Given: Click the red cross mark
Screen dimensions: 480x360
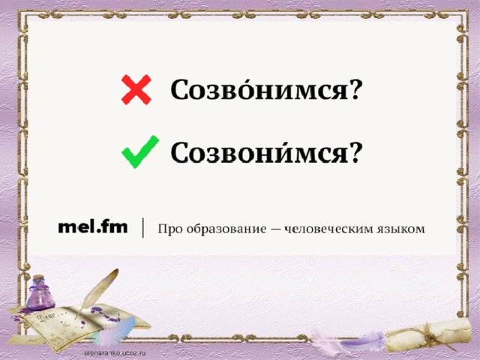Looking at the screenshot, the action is click(x=136, y=90).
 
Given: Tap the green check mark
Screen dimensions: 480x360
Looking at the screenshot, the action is click(x=140, y=151).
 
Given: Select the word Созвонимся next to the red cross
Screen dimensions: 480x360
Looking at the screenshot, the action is click(x=259, y=89).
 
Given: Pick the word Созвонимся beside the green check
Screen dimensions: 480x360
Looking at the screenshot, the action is click(x=259, y=151).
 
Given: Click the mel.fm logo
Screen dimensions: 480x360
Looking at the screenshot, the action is click(x=93, y=227).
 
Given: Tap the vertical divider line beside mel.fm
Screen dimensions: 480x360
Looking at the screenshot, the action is click(x=143, y=228).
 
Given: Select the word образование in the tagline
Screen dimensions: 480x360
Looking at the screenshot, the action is click(x=226, y=229).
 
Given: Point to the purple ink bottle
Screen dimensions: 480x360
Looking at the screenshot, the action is click(x=40, y=293).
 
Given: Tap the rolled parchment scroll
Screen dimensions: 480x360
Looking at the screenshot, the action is click(x=428, y=336).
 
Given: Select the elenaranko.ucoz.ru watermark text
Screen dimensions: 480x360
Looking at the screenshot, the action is click(x=115, y=353).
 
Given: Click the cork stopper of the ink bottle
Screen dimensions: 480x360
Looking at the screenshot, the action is click(x=39, y=277).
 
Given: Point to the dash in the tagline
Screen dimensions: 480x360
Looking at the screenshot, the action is click(x=276, y=229).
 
